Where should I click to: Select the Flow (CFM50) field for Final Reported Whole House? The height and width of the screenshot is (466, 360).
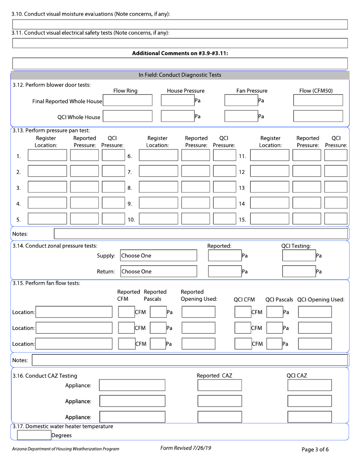click(318, 100)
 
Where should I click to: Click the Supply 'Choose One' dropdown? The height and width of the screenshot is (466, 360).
click(159, 256)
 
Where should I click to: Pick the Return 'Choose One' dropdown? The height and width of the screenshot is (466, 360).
click(159, 272)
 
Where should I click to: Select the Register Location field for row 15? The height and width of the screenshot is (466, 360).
click(270, 219)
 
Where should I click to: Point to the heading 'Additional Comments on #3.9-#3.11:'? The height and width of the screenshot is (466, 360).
click(180, 54)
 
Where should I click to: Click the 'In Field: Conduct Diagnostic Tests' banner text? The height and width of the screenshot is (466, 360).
click(180, 75)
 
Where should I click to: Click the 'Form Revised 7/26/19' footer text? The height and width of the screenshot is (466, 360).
click(186, 448)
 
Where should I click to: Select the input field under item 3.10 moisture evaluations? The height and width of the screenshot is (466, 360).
click(180, 25)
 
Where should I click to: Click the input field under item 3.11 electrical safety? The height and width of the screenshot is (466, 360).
click(180, 43)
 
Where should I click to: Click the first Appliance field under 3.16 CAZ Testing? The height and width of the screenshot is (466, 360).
click(132, 385)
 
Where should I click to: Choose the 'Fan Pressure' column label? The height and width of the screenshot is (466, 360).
click(252, 91)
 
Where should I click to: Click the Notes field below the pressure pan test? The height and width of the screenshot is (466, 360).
click(201, 234)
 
